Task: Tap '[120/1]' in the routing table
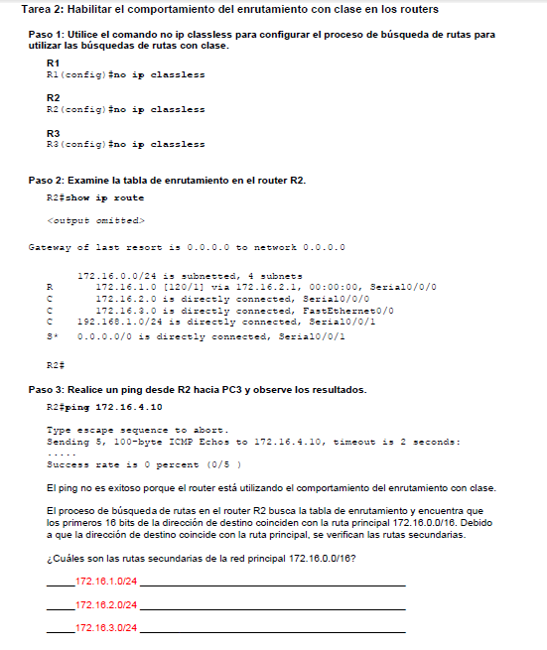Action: tap(174, 285)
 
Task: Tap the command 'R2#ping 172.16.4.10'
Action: tap(104, 407)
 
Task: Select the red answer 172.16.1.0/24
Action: tap(105, 581)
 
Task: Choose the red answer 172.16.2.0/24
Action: tap(105, 604)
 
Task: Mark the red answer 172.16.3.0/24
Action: tap(105, 628)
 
